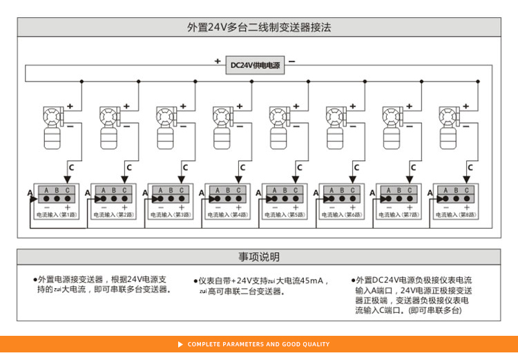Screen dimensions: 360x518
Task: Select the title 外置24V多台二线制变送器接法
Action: tap(259, 28)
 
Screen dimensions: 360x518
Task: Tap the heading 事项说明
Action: tap(259, 257)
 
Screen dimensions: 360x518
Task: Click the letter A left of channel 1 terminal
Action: tap(30, 193)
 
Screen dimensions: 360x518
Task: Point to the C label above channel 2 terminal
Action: tap(128, 167)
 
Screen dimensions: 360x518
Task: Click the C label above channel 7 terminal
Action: tap(413, 167)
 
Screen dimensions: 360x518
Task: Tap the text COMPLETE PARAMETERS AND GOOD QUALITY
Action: tap(258, 344)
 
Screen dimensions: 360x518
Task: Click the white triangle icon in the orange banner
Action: tap(181, 344)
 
